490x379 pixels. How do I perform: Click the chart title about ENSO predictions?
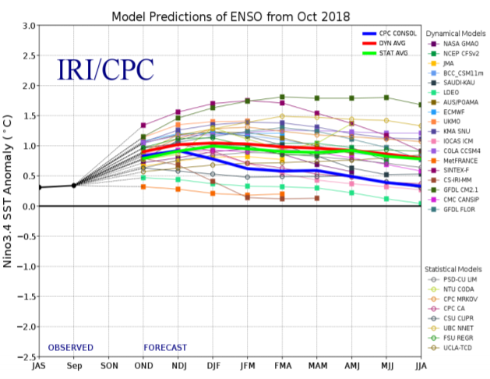(x=231, y=16)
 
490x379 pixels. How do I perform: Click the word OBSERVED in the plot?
(x=70, y=348)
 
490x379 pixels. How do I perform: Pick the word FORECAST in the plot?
(x=164, y=348)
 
